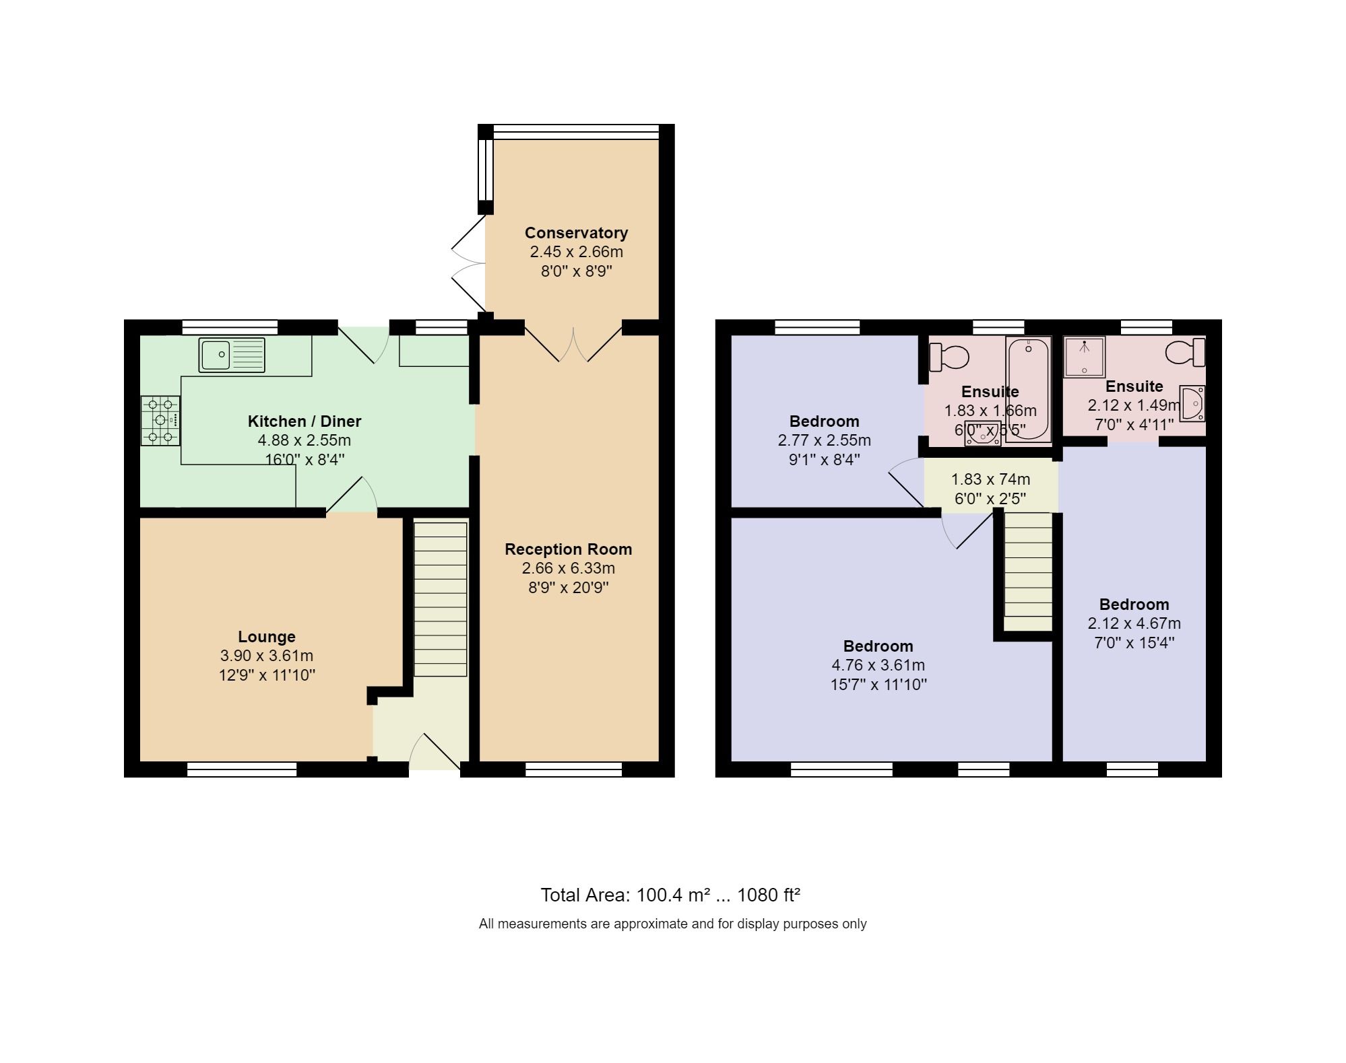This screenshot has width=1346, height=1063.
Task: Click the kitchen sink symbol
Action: [232, 355]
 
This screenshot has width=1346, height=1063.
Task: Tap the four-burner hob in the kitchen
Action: [160, 421]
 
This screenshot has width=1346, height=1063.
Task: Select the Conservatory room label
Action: [576, 233]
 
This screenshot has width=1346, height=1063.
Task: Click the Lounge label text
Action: [267, 637]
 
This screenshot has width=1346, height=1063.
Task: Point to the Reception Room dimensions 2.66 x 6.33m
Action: [568, 568]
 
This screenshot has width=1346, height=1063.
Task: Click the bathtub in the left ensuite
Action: [1028, 388]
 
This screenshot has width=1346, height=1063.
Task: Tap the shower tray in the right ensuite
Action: [1084, 357]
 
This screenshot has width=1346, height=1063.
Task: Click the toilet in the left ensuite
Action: [949, 357]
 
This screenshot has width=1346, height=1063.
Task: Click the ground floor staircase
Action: [440, 599]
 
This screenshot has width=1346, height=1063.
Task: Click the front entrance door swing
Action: [435, 752]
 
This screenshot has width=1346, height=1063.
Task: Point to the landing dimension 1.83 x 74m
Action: [990, 479]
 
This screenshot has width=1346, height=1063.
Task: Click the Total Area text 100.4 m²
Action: [670, 895]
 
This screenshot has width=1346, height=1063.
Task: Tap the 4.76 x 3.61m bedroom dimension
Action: [878, 665]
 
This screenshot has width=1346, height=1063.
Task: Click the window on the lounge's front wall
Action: [242, 769]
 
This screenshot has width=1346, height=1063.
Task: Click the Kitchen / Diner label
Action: [305, 421]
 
